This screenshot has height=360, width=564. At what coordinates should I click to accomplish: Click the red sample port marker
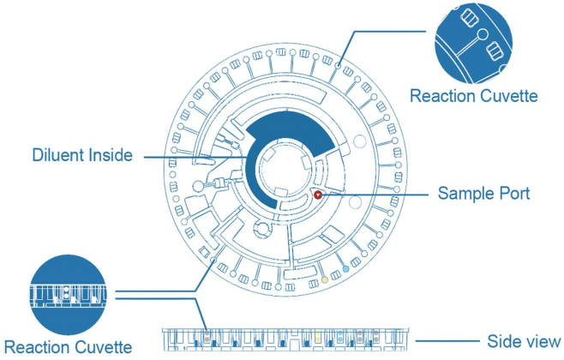point(318,195)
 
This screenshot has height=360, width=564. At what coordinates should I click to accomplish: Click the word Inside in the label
point(113,156)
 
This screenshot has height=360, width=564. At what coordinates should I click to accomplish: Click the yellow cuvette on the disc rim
point(324,280)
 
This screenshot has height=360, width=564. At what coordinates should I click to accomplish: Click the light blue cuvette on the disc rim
point(345,268)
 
